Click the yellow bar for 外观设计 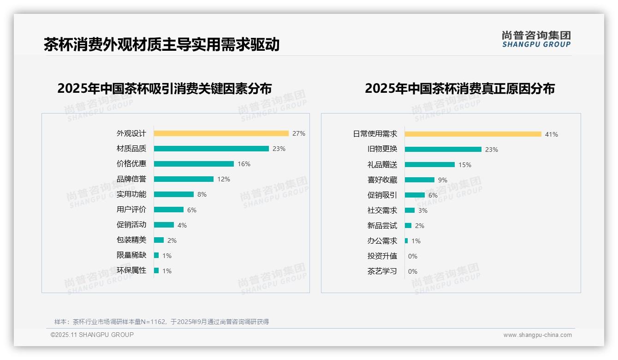221,133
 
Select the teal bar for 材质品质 211,149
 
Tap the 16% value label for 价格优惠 244,164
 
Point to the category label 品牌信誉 131,179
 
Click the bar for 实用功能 174,194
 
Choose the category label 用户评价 131,210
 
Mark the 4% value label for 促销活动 182,225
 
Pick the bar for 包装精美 159,240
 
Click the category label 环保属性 131,270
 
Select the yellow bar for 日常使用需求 473,134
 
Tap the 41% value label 552,134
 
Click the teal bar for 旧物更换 443,150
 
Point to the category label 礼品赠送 382,165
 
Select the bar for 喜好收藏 419,180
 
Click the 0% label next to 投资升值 413,256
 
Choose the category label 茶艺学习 382,271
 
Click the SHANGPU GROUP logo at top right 536,39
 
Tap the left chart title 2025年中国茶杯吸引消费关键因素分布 165,88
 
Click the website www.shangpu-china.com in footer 537,335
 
